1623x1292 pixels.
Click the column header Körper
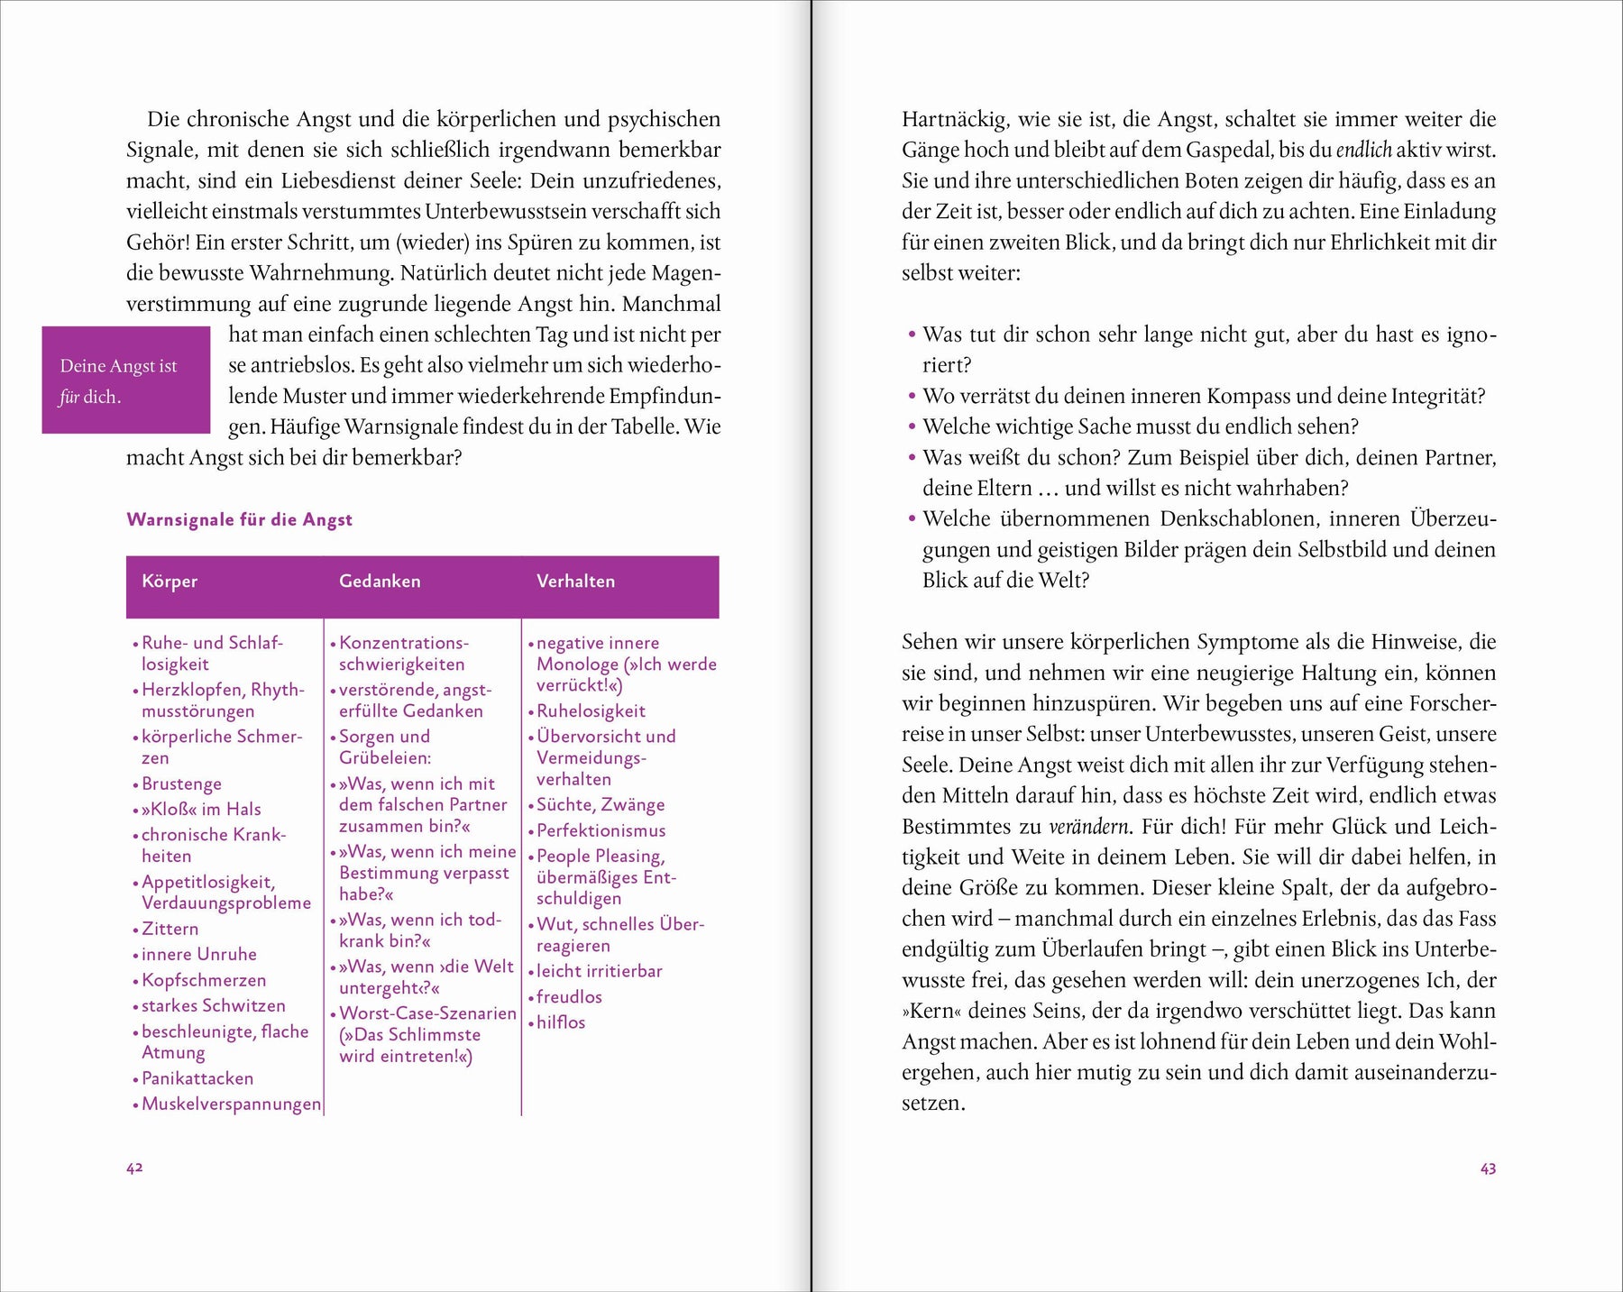[x=170, y=582]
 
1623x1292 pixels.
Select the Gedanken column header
[x=380, y=582]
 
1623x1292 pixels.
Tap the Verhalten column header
[x=575, y=582]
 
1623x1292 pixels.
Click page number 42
[x=134, y=1168]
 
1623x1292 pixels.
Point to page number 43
[x=1488, y=1168]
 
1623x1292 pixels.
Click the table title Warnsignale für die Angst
[x=239, y=519]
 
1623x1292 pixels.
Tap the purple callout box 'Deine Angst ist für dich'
[x=125, y=380]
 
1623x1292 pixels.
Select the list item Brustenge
[x=181, y=783]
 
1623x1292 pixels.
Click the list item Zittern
[x=170, y=929]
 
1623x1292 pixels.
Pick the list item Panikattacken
[x=197, y=1078]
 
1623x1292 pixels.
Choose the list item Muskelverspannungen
[x=231, y=1104]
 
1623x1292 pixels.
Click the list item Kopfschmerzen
[x=204, y=980]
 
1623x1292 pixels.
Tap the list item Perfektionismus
[x=601, y=830]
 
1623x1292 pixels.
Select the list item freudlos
[x=569, y=996]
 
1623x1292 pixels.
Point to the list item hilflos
[x=561, y=1022]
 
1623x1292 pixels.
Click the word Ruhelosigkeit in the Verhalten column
[x=591, y=710]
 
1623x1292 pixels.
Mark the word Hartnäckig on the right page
[x=955, y=119]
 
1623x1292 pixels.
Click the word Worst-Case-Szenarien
[x=427, y=1013]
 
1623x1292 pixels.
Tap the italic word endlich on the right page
[x=1363, y=150]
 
